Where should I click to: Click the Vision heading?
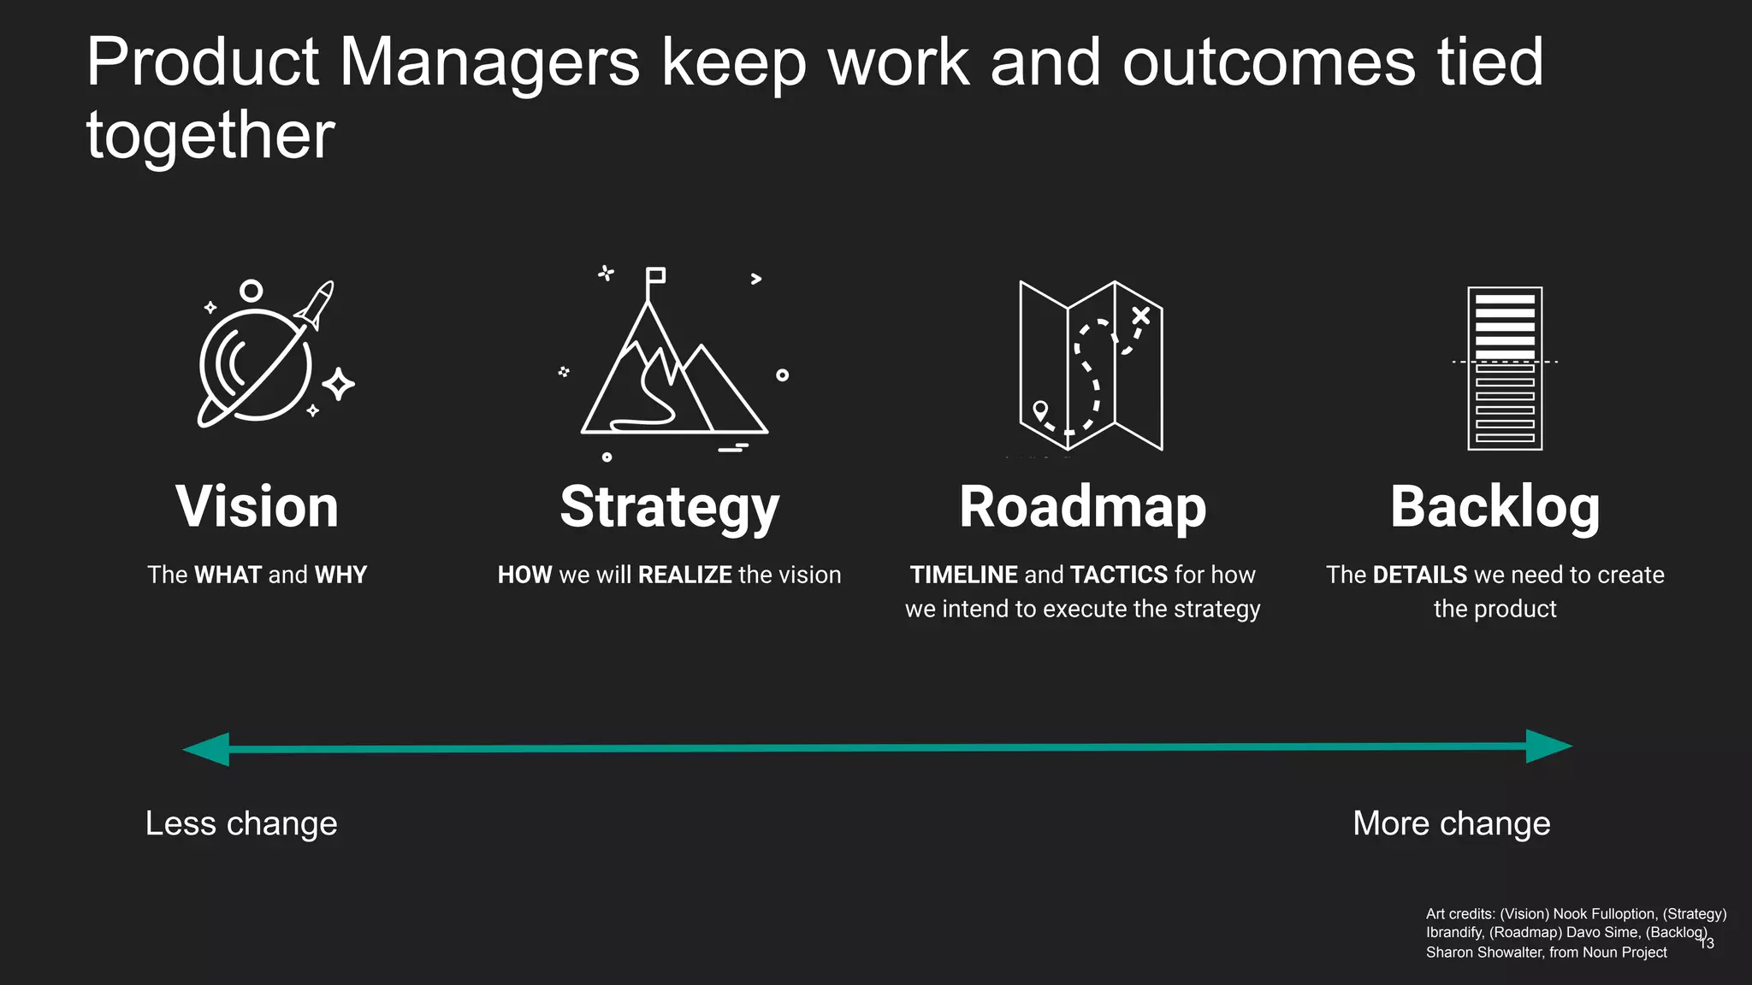coord(257,507)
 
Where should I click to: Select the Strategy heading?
coord(669,507)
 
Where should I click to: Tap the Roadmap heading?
coord(1082,507)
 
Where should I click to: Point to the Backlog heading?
coord(1495,507)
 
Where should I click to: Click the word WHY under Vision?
coord(340,575)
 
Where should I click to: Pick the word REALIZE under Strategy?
coord(685,575)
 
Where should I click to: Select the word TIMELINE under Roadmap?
coord(963,575)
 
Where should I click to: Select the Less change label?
coord(241,823)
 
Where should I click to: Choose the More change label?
coord(1451,823)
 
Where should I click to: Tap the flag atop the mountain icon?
coord(655,275)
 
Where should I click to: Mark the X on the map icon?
coord(1140,316)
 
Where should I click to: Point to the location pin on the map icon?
coord(1040,410)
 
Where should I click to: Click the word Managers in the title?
coord(489,62)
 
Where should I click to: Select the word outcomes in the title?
coord(1269,62)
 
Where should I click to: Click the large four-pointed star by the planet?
coord(339,384)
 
